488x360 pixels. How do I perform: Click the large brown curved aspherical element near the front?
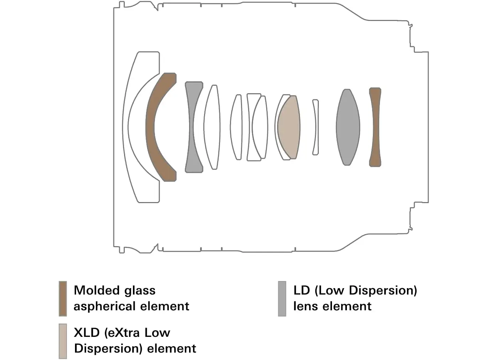(151, 127)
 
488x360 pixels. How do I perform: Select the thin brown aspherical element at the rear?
(375, 127)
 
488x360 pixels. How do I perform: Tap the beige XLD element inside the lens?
(289, 127)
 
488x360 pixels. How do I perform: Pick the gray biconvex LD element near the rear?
(348, 127)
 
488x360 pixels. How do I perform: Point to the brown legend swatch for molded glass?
(63, 298)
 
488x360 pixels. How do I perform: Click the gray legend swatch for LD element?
(282, 298)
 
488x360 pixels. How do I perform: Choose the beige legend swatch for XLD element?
(63, 341)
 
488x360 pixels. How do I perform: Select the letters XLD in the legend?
(87, 333)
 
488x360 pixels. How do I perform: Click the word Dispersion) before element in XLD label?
(108, 348)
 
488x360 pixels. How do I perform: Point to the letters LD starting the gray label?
(301, 290)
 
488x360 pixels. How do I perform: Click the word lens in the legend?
(305, 306)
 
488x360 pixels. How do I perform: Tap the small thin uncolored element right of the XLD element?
(315, 127)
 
